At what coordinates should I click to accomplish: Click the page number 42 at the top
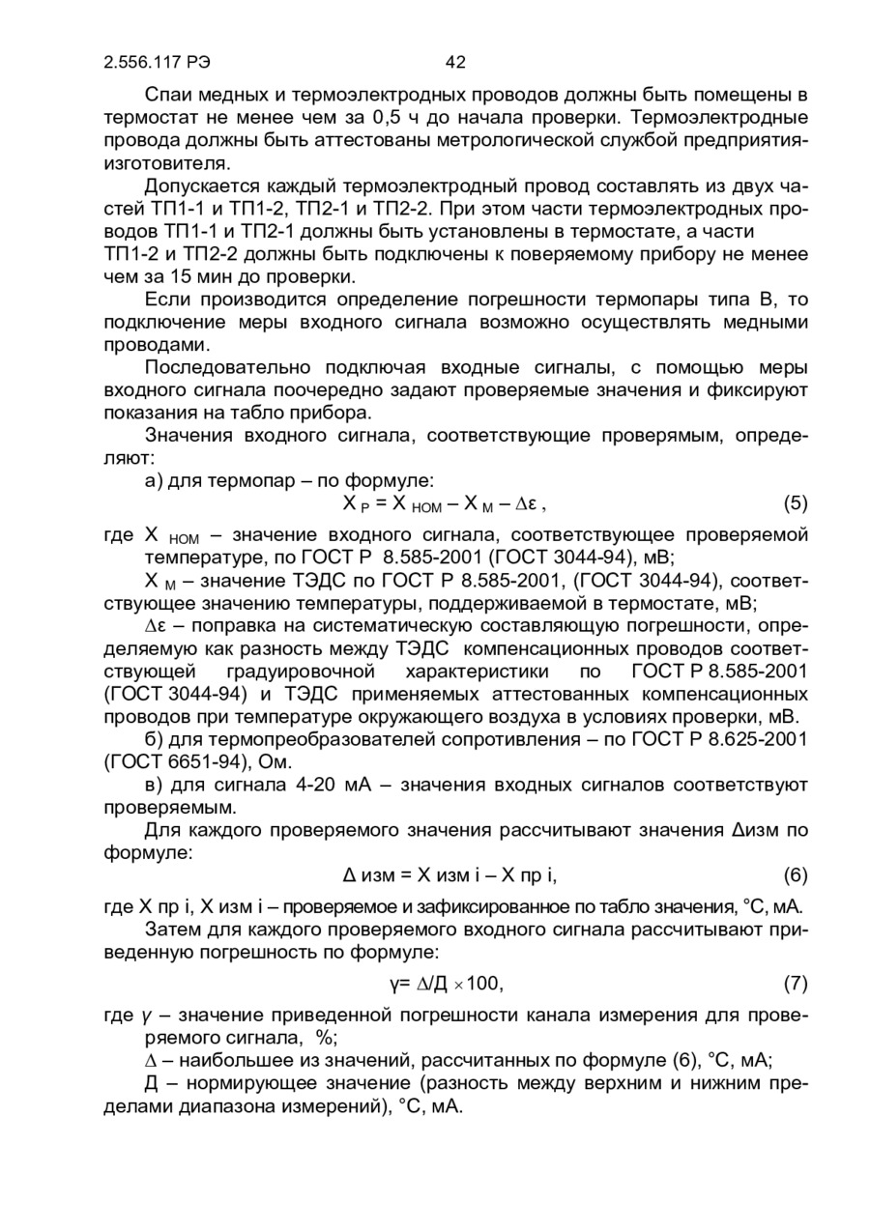point(455,63)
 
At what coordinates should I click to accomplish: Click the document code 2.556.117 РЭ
point(157,63)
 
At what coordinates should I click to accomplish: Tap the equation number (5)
point(795,503)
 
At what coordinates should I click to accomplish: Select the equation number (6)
point(795,876)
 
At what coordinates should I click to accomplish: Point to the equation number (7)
point(795,985)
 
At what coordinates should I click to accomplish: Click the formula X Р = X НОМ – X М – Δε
point(447,503)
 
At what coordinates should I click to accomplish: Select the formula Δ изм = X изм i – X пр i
point(451,876)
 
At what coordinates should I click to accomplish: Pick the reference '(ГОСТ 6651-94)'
point(184,761)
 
